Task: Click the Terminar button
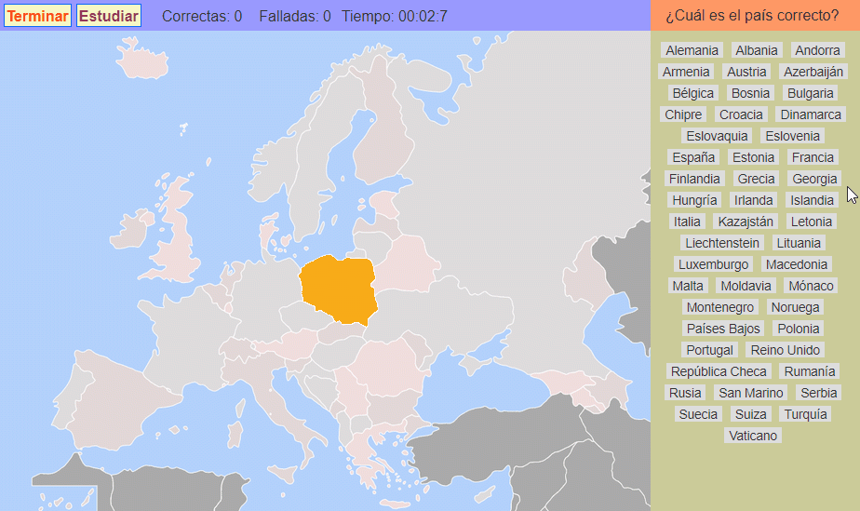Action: click(x=37, y=16)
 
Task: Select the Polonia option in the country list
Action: click(x=798, y=329)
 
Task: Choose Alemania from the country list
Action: click(x=692, y=50)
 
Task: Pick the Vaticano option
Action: click(x=754, y=436)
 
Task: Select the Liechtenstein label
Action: click(x=722, y=243)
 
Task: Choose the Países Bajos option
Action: click(x=723, y=329)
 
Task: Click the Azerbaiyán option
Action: click(x=813, y=72)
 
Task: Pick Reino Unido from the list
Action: click(x=786, y=350)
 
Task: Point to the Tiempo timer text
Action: click(x=395, y=16)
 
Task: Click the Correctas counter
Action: click(x=202, y=16)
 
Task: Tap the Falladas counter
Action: click(x=295, y=16)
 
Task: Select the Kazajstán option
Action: click(x=745, y=222)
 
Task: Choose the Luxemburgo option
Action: click(x=714, y=264)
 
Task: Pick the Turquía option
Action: click(x=805, y=414)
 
